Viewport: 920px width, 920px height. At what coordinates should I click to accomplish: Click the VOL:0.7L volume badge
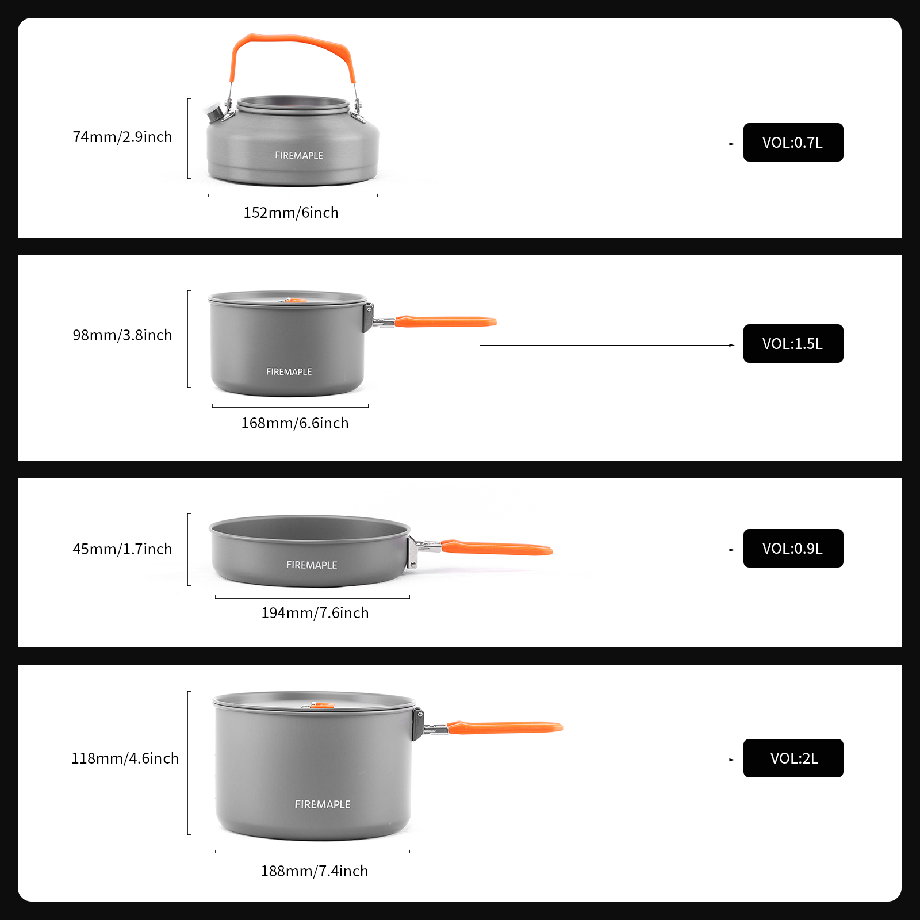[793, 143]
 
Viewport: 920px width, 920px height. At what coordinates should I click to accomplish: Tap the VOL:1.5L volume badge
[793, 344]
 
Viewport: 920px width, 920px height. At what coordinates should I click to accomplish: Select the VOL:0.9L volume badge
[793, 549]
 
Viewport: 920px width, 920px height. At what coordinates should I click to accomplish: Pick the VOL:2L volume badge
[793, 758]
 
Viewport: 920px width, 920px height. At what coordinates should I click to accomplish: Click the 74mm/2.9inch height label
[122, 137]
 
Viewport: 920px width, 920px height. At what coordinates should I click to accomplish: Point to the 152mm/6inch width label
[291, 213]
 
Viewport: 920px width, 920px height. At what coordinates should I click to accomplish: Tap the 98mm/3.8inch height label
[122, 335]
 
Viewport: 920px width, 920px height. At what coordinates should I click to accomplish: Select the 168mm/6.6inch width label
[295, 423]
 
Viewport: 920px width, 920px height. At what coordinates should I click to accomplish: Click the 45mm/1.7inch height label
[122, 549]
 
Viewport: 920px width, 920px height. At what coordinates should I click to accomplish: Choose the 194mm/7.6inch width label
[315, 613]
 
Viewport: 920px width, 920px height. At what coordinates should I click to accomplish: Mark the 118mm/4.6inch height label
[125, 758]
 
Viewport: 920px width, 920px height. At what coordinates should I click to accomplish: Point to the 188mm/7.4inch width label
[315, 871]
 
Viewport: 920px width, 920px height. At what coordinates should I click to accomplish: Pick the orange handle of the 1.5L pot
[446, 321]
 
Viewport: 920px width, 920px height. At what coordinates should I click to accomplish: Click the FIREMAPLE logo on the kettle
[299, 155]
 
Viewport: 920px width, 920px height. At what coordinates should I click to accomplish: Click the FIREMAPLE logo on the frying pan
[312, 565]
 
